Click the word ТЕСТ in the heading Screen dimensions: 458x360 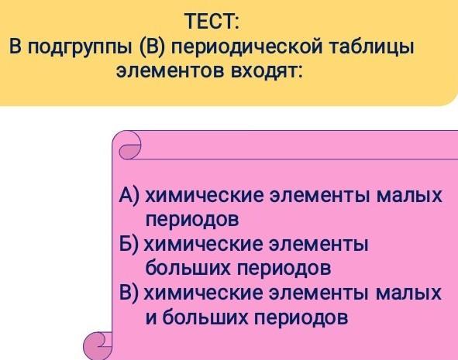(x=212, y=22)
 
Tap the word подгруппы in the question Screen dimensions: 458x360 (x=80, y=47)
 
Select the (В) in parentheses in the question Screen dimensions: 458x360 (x=152, y=47)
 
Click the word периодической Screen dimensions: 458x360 (x=246, y=47)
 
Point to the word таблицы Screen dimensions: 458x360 (x=371, y=47)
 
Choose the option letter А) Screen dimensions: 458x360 (x=129, y=195)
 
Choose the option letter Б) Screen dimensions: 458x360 (x=129, y=244)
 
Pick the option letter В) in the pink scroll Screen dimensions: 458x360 (x=129, y=293)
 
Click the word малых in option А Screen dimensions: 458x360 (x=409, y=195)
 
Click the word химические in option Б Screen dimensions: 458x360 (x=204, y=245)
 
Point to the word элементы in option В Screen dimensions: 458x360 (x=319, y=293)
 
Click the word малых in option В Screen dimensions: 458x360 (x=409, y=293)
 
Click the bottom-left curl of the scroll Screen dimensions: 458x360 (x=98, y=346)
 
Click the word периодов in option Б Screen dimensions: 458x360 (x=284, y=269)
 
